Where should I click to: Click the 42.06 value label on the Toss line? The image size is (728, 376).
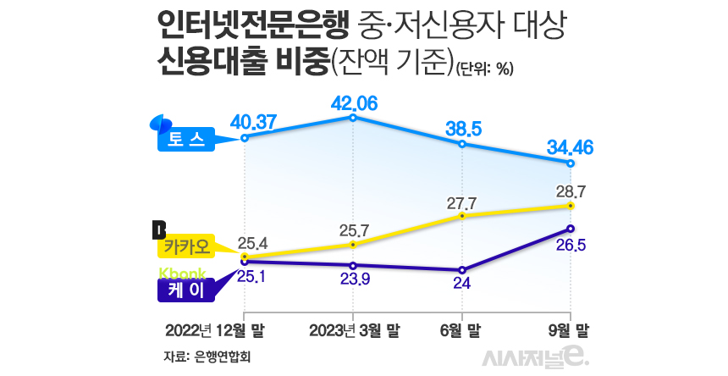point(354,104)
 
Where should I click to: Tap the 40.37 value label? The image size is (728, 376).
point(254,123)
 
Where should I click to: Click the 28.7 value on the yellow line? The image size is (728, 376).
point(571,191)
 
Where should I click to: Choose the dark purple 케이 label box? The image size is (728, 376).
point(186,290)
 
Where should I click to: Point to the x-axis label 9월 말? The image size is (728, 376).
point(571,328)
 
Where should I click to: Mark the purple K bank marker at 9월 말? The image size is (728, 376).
point(571,229)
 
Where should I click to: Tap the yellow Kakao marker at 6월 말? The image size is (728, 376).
point(462,216)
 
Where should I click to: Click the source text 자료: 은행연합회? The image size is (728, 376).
point(208,356)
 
